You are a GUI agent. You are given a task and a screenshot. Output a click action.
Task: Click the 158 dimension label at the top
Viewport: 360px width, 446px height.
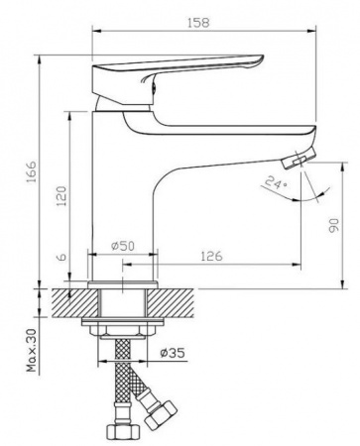(198, 23)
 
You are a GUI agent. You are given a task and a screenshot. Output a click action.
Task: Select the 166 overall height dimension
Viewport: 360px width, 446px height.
(33, 173)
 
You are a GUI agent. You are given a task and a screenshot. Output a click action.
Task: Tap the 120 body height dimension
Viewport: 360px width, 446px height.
(61, 196)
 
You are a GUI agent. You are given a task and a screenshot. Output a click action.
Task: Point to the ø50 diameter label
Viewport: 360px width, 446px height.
(123, 246)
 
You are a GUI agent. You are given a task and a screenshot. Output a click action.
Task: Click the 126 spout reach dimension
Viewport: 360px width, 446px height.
(211, 256)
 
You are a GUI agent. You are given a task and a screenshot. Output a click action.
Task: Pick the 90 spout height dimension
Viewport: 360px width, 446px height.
(334, 225)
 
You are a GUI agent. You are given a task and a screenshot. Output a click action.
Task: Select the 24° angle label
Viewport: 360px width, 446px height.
(277, 182)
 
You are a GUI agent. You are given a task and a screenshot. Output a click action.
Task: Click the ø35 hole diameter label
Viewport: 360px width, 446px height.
(173, 353)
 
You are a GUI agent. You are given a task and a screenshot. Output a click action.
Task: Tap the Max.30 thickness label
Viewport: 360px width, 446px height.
(33, 351)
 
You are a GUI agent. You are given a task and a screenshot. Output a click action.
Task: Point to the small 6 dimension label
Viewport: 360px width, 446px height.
(62, 257)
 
